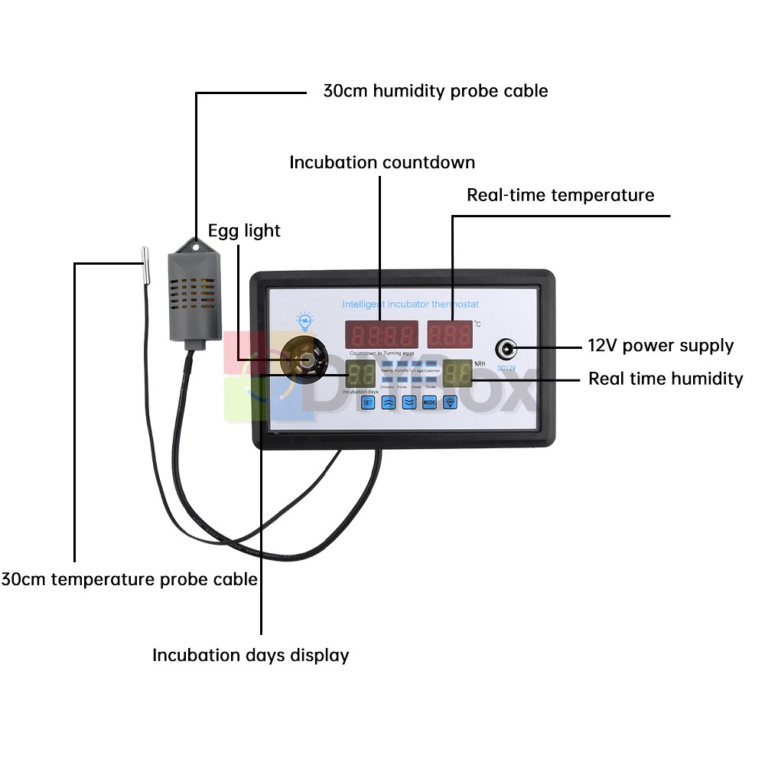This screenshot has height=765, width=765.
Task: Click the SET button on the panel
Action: pyautogui.click(x=368, y=402)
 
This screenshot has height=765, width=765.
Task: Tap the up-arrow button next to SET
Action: pyautogui.click(x=389, y=402)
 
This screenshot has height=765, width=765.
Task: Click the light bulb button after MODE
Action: pyautogui.click(x=451, y=402)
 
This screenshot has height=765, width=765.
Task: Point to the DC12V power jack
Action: pyautogui.click(x=506, y=350)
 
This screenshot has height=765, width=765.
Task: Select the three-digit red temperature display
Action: pyautogui.click(x=450, y=334)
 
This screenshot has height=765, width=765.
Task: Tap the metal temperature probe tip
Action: pyautogui.click(x=144, y=263)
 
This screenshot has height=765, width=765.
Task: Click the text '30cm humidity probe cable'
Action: pyautogui.click(x=435, y=91)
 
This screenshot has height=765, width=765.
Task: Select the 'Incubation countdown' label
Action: pyautogui.click(x=382, y=163)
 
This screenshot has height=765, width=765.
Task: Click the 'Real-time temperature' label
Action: pyautogui.click(x=561, y=195)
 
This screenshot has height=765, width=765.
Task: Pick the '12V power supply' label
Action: pyautogui.click(x=660, y=346)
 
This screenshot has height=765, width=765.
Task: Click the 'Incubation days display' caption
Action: pyautogui.click(x=251, y=656)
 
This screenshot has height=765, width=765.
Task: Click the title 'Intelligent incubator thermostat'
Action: pyautogui.click(x=410, y=304)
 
